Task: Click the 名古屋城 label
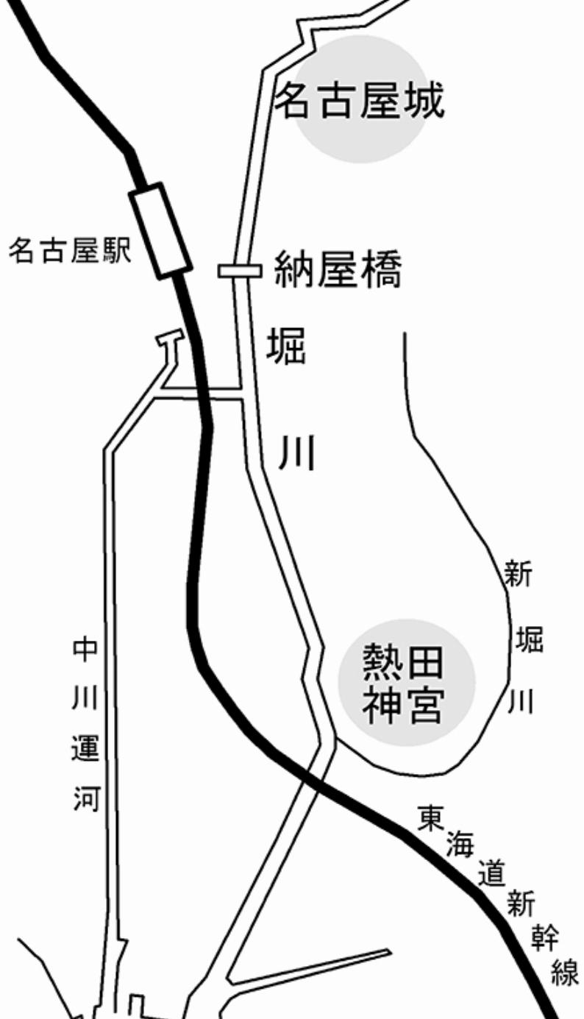coord(360,101)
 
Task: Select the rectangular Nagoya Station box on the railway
coord(160,230)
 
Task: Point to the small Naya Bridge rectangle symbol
coord(241,271)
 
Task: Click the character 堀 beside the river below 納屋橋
coord(285,347)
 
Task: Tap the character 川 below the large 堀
coord(296,452)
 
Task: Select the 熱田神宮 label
coord(403,685)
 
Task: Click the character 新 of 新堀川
coord(519,574)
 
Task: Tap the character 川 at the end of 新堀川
coord(520,701)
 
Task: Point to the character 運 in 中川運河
coord(85,748)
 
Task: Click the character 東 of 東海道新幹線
coord(430,818)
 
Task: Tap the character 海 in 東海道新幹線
coord(460,845)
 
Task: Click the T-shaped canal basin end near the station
coord(169,338)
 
